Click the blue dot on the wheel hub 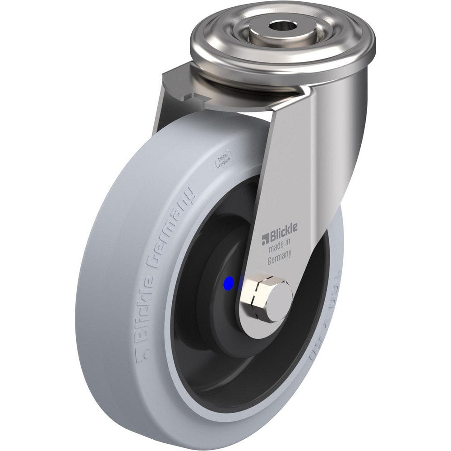pos(229,283)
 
